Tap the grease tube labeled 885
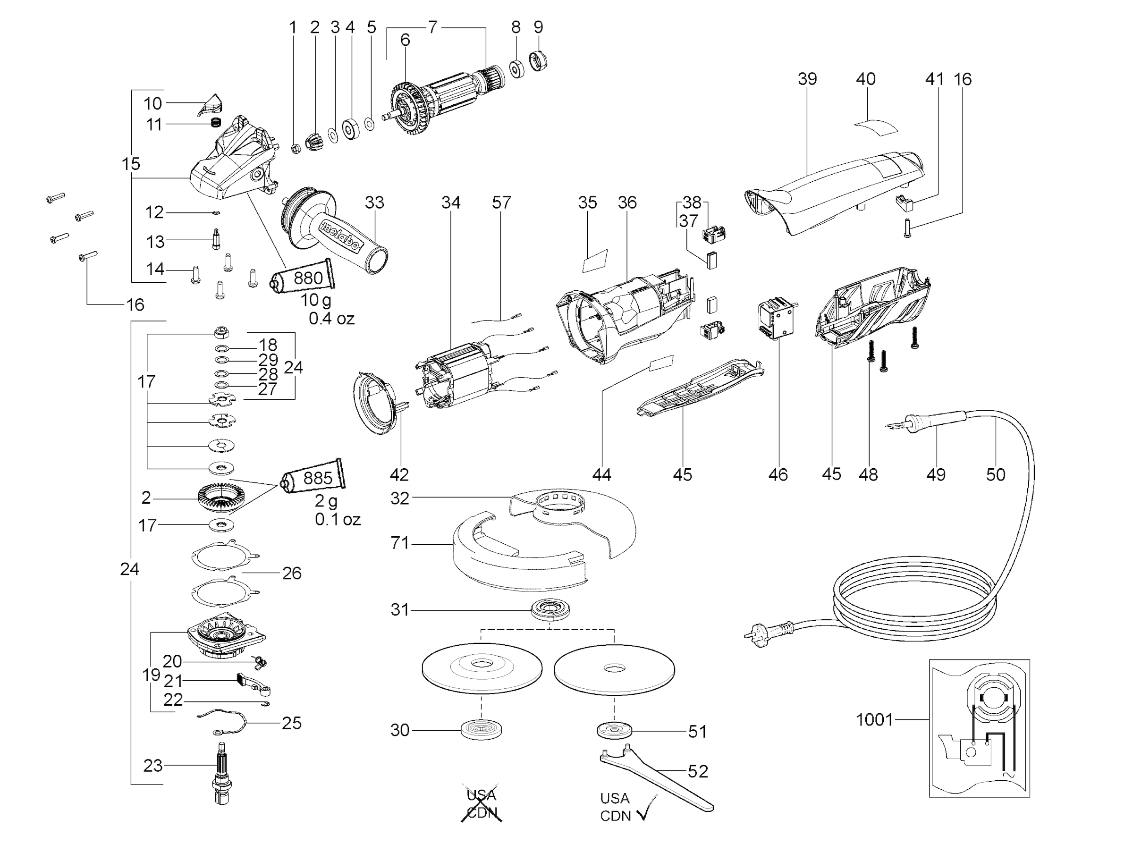pyautogui.click(x=313, y=477)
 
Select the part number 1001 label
pyautogui.click(x=874, y=720)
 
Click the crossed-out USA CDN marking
pyautogui.click(x=481, y=803)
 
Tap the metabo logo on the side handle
pyautogui.click(x=339, y=236)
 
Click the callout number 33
pyautogui.click(x=374, y=203)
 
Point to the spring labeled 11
pyautogui.click(x=217, y=123)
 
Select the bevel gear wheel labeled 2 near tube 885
pyautogui.click(x=222, y=498)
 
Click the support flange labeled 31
pyautogui.click(x=550, y=610)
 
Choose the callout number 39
pyautogui.click(x=807, y=79)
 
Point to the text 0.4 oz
pyautogui.click(x=331, y=319)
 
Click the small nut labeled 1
pyautogui.click(x=295, y=149)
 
